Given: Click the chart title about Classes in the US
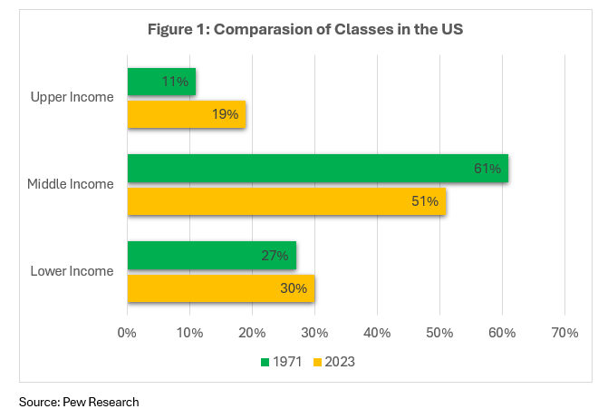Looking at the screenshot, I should pyautogui.click(x=305, y=28).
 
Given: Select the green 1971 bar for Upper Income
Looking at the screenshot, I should pyautogui.click(x=161, y=82).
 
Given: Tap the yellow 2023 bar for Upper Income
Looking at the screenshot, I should pyautogui.click(x=186, y=114).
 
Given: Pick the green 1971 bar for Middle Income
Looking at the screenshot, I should pyautogui.click(x=317, y=169).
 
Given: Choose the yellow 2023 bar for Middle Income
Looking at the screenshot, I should pyautogui.click(x=286, y=201).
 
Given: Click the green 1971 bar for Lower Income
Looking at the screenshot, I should pyautogui.click(x=211, y=256).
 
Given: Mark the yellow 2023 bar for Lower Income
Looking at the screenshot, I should pyautogui.click(x=220, y=288).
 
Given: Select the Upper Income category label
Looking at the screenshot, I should pyautogui.click(x=72, y=97).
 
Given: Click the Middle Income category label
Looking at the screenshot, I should pyautogui.click(x=71, y=184).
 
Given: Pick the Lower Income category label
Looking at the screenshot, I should pyautogui.click(x=72, y=271).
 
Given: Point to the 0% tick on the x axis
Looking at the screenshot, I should pyautogui.click(x=127, y=332).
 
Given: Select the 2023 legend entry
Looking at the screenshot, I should pyautogui.click(x=333, y=362).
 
